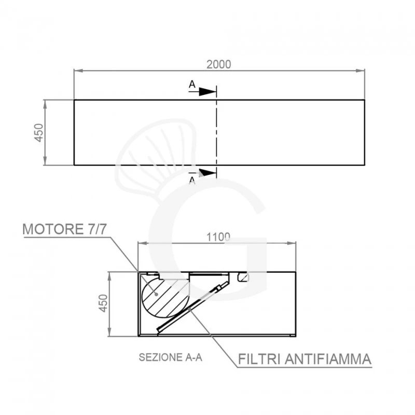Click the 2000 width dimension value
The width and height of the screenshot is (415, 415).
coord(218,64)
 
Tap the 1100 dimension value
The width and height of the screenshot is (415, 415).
coord(218,237)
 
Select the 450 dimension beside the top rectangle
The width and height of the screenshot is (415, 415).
coord(39,133)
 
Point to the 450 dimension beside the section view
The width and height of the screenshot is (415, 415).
coord(103,303)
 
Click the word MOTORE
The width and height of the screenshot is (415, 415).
coord(53,229)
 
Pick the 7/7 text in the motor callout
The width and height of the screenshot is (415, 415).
coord(96,229)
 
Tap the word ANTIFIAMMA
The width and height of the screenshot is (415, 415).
coord(328,359)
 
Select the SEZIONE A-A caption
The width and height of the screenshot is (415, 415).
coord(171,357)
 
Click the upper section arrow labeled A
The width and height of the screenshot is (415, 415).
coord(203,92)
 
